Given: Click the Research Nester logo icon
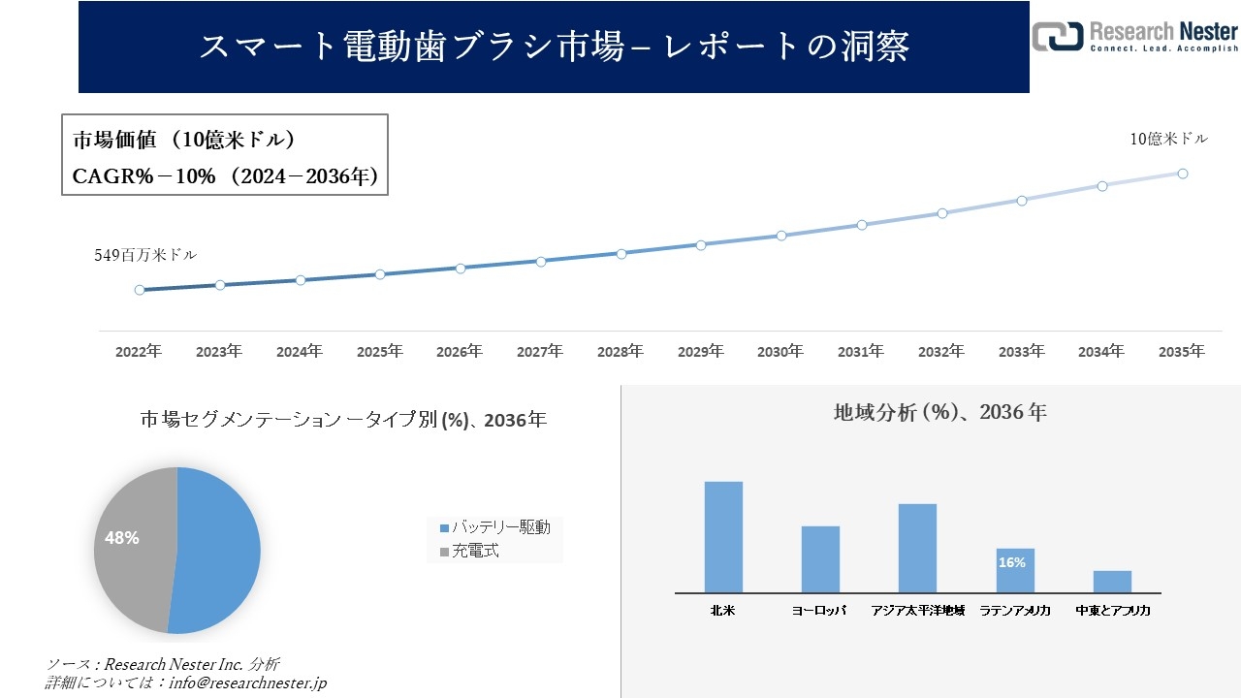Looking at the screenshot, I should pyautogui.click(x=1057, y=36).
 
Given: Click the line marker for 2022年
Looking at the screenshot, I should pyautogui.click(x=140, y=290).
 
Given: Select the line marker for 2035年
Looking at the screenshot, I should pyautogui.click(x=1183, y=174).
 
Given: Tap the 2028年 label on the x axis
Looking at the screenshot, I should pyautogui.click(x=620, y=352).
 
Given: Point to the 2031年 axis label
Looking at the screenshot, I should pyautogui.click(x=861, y=352).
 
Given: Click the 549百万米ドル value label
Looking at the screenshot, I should pyautogui.click(x=145, y=256).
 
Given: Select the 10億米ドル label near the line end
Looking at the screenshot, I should pyautogui.click(x=1168, y=140).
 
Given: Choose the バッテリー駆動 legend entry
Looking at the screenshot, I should pyautogui.click(x=494, y=527).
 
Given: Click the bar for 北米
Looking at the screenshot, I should pyautogui.click(x=723, y=537).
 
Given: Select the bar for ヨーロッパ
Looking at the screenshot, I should pyautogui.click(x=820, y=559).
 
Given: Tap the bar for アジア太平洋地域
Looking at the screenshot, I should pyautogui.click(x=917, y=548).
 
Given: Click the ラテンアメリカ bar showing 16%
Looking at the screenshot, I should pyautogui.click(x=1015, y=570).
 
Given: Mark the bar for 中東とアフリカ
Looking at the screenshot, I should pyautogui.click(x=1112, y=582).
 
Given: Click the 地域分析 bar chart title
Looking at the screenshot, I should pyautogui.click(x=939, y=412).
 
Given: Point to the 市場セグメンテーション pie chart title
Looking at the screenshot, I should pyautogui.click(x=343, y=420).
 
